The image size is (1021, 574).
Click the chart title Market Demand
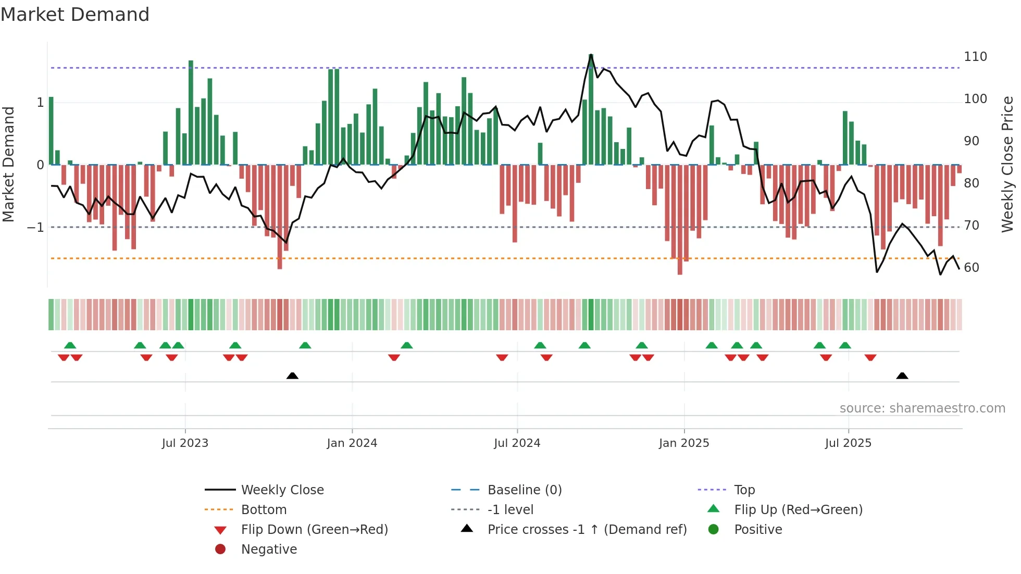[75, 15]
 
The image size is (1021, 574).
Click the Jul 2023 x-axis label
[185, 443]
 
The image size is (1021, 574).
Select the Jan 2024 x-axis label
[352, 443]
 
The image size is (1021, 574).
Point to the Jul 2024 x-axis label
[517, 443]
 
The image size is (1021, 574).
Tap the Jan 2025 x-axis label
[683, 443]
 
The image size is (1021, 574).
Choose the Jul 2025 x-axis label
[848, 443]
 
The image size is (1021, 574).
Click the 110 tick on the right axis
[975, 57]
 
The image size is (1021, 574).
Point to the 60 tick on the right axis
[972, 268]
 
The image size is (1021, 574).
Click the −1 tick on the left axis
[35, 228]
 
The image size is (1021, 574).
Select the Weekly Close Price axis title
[1007, 164]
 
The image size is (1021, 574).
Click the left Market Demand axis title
[8, 164]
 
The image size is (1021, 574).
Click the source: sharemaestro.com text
[922, 408]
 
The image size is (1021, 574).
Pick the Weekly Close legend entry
[282, 490]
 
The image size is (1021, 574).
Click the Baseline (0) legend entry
[524, 490]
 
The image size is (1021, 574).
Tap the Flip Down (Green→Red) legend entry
[314, 530]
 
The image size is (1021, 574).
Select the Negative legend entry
[269, 550]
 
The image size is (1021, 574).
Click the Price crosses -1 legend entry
[587, 530]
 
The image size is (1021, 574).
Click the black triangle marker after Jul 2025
[902, 376]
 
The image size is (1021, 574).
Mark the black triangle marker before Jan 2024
[292, 376]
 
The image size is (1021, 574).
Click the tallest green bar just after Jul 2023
[191, 112]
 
